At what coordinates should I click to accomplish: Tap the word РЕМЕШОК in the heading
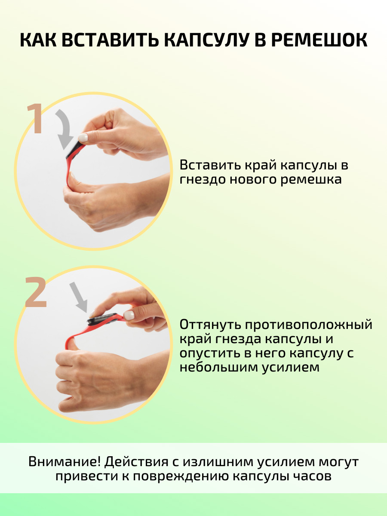click(x=319, y=40)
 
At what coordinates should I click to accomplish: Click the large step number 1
click(x=35, y=119)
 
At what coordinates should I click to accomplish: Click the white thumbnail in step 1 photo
click(x=83, y=137)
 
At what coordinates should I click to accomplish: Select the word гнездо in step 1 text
click(x=203, y=180)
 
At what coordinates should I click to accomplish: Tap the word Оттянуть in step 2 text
click(x=211, y=325)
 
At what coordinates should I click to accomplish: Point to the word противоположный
click(x=309, y=325)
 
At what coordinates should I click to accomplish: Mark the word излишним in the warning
click(x=218, y=461)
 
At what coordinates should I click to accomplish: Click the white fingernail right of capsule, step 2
click(x=129, y=315)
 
